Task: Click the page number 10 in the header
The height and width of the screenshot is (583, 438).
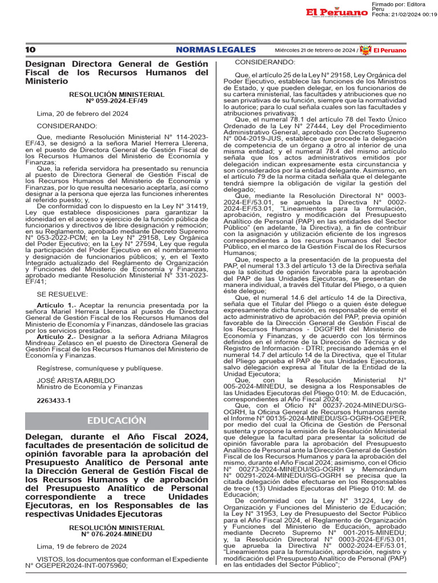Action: click(x=30, y=50)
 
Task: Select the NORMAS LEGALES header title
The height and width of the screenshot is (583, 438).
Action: click(x=216, y=50)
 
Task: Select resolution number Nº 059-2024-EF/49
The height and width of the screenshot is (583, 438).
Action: click(x=116, y=101)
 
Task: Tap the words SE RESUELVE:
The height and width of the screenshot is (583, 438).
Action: click(x=62, y=294)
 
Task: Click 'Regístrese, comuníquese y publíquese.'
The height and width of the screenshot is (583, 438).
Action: click(x=100, y=368)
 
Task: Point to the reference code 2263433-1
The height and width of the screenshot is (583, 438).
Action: click(x=54, y=400)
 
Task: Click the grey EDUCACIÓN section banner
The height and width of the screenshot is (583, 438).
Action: click(x=116, y=420)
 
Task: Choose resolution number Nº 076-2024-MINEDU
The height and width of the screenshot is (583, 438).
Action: click(x=116, y=535)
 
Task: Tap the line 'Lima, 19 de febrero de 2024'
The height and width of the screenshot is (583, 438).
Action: click(x=82, y=547)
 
